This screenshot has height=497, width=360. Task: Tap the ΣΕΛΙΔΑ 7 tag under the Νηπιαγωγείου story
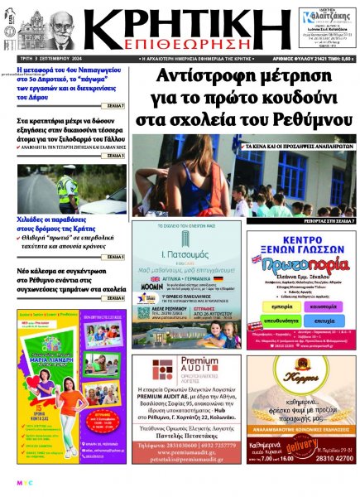(x=115, y=107)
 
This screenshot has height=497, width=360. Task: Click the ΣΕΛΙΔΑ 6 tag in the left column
(x=115, y=297)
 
